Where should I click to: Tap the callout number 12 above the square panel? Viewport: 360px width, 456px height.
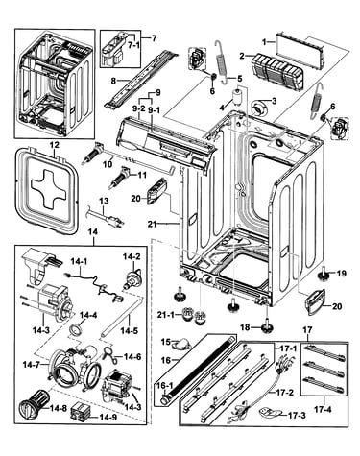click(x=55, y=145)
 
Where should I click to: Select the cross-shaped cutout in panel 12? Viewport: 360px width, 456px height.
click(x=47, y=188)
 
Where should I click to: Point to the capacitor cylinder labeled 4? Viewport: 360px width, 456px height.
click(x=237, y=98)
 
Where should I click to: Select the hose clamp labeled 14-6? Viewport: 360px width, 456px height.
click(x=110, y=355)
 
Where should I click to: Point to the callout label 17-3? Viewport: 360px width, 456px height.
click(x=297, y=416)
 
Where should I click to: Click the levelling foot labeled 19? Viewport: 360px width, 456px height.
click(x=324, y=274)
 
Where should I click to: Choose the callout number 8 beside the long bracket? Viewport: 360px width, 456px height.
click(x=113, y=81)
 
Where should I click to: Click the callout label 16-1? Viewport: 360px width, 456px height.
click(x=165, y=386)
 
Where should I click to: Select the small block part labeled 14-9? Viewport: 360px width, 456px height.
click(x=80, y=411)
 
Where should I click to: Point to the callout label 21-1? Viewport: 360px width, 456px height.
click(x=167, y=315)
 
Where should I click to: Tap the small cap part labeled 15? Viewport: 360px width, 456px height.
click(x=181, y=344)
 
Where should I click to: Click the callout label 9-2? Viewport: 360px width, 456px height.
click(x=139, y=108)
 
